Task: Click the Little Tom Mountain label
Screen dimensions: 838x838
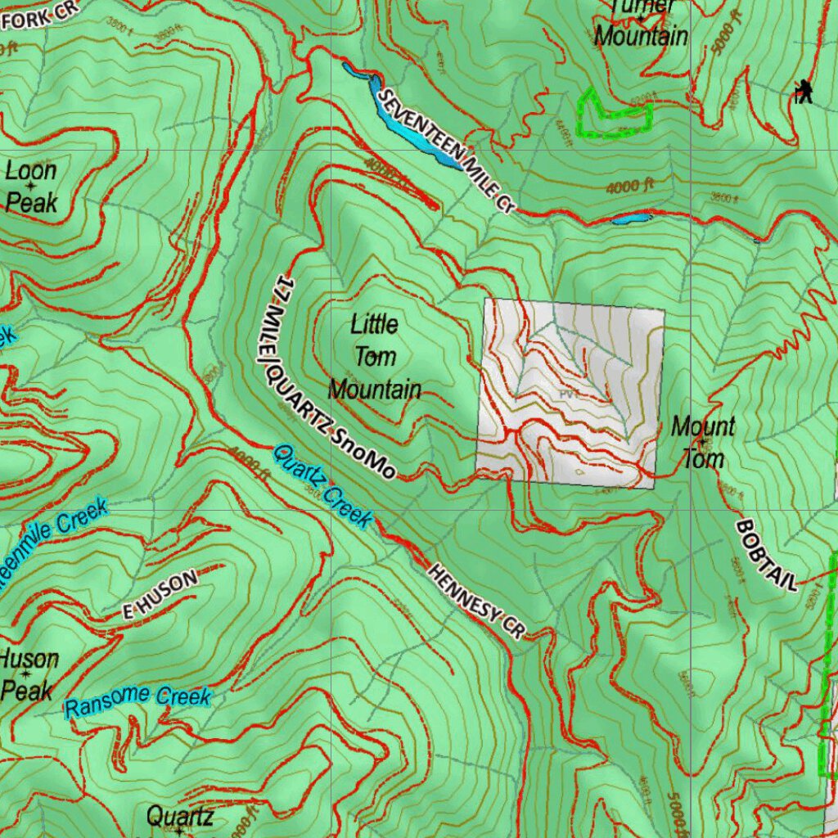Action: (375, 357)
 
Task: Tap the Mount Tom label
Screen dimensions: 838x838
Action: (703, 442)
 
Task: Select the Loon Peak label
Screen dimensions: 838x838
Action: (31, 187)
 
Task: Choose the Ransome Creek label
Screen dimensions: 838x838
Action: (138, 701)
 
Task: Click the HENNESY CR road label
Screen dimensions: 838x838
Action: (475, 600)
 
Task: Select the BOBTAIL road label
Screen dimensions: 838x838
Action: (767, 554)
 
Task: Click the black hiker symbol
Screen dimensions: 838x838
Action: (804, 92)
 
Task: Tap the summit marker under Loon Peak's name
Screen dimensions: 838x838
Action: (31, 187)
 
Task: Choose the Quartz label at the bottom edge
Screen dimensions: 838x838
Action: (180, 816)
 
